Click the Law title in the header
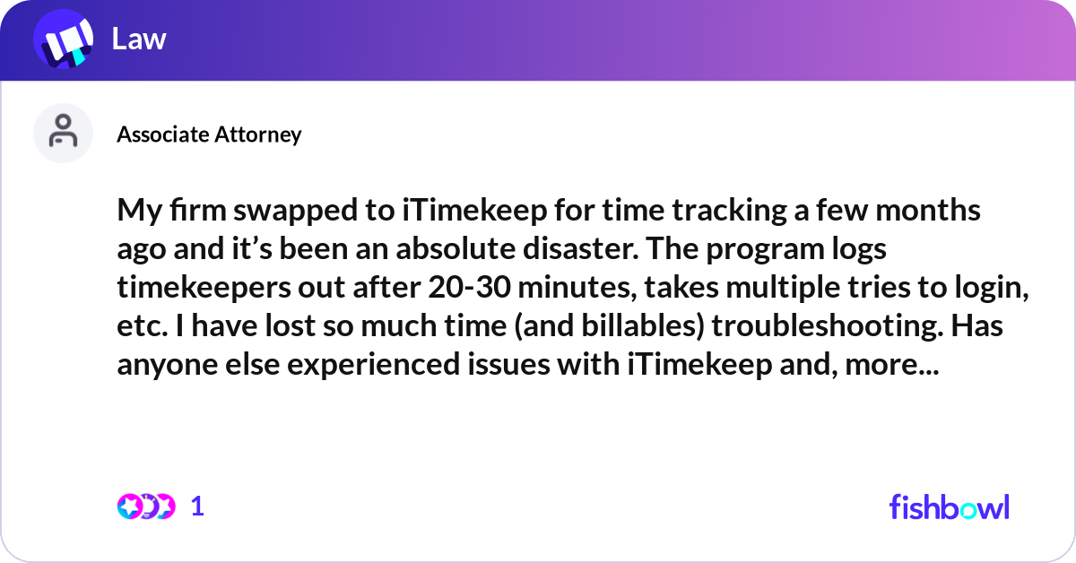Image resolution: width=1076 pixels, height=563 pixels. [139, 39]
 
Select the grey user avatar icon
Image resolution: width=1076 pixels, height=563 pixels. [63, 133]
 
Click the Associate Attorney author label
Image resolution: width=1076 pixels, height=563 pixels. [209, 134]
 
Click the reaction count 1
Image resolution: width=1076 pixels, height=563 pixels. [198, 507]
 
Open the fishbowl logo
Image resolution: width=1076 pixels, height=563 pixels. [949, 507]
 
